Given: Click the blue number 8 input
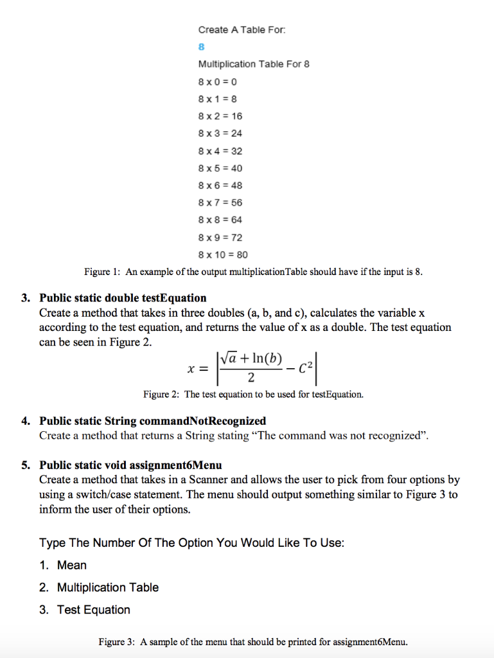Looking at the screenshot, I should [201, 47].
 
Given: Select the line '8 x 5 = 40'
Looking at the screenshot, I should [220, 168].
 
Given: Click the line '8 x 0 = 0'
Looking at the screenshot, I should [218, 82].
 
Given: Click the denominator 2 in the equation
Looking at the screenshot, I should [251, 377].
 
